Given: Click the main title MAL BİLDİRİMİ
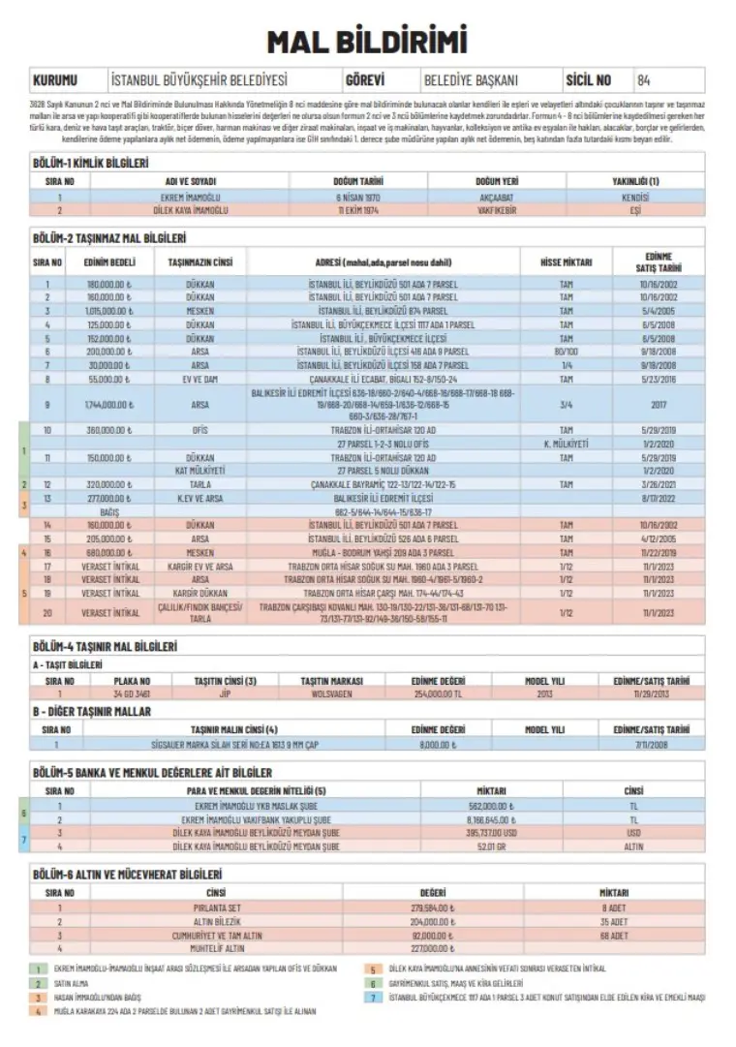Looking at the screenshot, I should (x=367, y=42).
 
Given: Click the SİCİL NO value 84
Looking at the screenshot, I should (x=645, y=80).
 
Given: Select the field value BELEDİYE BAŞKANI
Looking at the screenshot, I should (x=472, y=80).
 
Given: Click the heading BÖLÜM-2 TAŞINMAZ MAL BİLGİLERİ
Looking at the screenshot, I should (x=109, y=237).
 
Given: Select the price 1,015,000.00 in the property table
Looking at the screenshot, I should (x=109, y=311).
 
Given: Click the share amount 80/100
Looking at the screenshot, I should (x=567, y=352).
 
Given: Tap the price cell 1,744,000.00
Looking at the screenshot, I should (x=108, y=404).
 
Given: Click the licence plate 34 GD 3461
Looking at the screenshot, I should (x=132, y=694).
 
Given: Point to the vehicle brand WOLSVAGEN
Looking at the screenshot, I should (x=330, y=694).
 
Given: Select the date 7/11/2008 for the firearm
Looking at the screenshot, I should (x=652, y=744).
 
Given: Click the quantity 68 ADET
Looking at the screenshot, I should (x=613, y=936).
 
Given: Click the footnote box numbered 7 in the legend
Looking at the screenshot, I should (x=372, y=998).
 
